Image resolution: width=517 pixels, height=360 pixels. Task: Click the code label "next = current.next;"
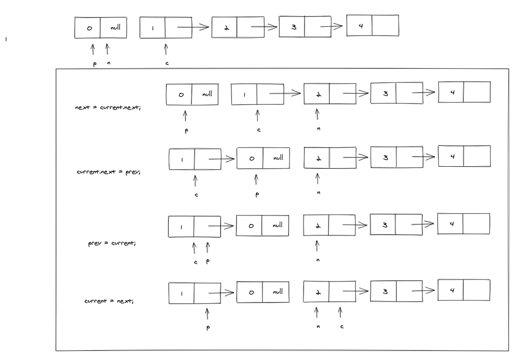108,107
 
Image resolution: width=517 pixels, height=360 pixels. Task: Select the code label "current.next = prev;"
109,172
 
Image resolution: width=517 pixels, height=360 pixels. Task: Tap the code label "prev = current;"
112,243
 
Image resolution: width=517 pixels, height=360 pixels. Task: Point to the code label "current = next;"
109,301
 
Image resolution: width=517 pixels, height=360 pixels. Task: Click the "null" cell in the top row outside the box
115,28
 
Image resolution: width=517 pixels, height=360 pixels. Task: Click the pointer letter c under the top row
167,64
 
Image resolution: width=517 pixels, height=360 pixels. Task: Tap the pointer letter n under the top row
108,63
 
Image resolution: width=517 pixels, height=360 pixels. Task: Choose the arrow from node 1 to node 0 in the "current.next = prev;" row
221,159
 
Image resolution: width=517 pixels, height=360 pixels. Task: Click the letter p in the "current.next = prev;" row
257,194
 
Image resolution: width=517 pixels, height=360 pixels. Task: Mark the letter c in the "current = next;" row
342,327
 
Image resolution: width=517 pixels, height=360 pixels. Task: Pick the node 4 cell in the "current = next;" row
452,290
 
